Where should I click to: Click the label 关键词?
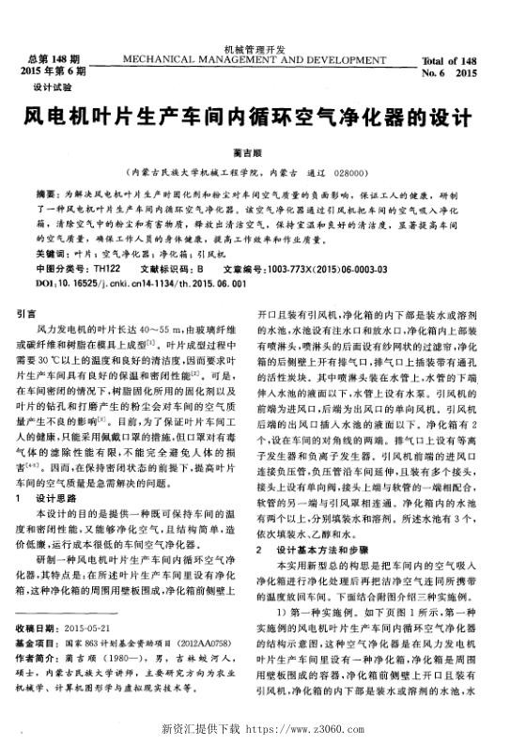(x=50, y=254)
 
